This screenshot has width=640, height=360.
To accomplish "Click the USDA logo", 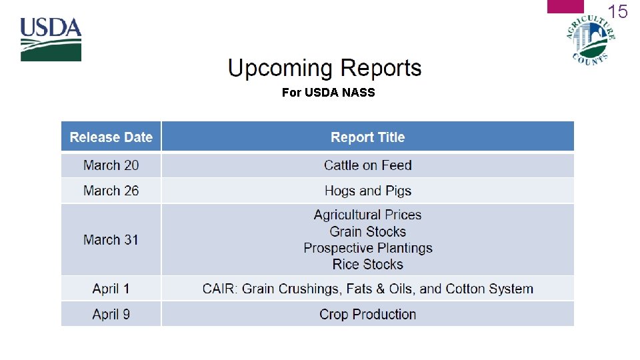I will click(51, 39).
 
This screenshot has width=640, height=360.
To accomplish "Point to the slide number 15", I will click(618, 12).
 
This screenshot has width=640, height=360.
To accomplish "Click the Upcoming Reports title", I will click(325, 69).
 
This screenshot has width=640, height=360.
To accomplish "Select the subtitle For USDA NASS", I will click(328, 93).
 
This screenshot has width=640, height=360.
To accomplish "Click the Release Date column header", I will click(111, 137).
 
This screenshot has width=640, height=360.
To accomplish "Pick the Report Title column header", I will click(367, 137).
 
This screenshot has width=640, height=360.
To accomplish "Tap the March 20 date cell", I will click(111, 165).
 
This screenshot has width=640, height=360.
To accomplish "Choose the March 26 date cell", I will click(111, 191).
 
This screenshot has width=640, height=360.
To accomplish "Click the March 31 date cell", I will click(111, 239).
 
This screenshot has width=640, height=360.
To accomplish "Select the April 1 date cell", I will click(111, 289).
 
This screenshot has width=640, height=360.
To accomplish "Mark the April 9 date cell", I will click(111, 314).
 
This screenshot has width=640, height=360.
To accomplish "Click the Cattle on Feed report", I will click(367, 165).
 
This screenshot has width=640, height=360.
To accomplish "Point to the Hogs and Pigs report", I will click(367, 191).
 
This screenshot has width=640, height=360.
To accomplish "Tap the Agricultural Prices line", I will click(367, 215).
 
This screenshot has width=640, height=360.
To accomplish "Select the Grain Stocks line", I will click(367, 231).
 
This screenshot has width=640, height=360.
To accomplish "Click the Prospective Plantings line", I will click(367, 248).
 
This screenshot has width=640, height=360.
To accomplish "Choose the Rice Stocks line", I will click(367, 264).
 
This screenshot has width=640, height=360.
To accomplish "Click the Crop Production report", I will click(367, 314).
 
